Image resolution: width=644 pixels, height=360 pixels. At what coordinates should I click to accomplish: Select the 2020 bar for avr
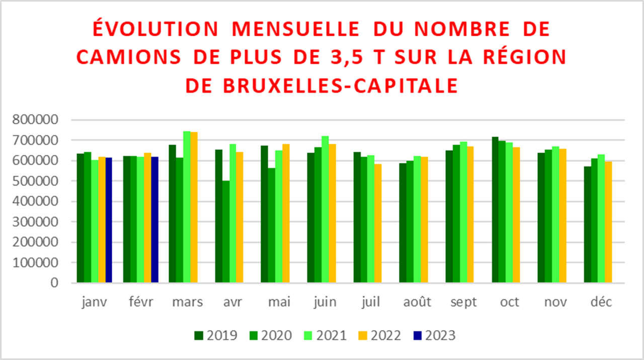click(226, 232)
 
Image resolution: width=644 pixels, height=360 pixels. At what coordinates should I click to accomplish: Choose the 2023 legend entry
click(434, 335)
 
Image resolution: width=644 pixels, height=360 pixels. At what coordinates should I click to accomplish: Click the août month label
click(417, 302)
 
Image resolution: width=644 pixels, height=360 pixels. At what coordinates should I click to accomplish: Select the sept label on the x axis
click(463, 302)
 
